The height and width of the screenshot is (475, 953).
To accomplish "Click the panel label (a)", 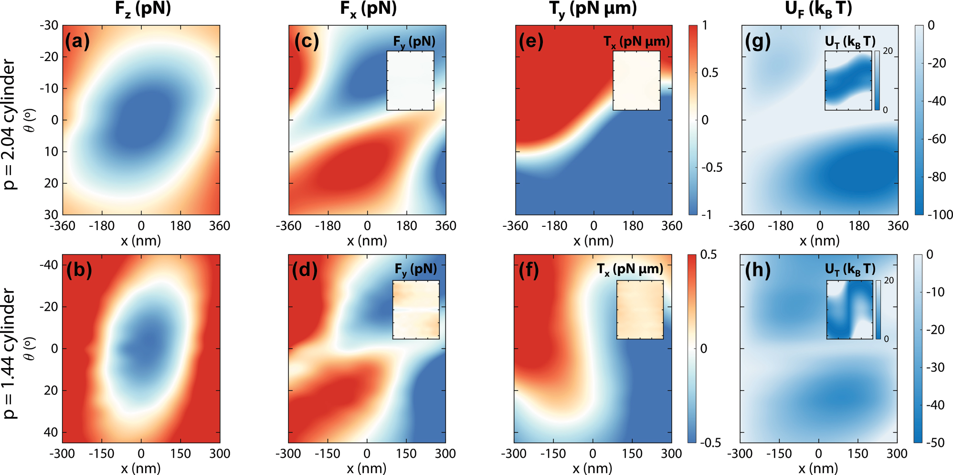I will tap(77, 42).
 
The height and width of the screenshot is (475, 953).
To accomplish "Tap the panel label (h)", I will tap(758, 271).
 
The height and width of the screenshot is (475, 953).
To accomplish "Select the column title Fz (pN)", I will tap(143, 9).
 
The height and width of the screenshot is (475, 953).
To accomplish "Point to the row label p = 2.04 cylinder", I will tap(10, 124).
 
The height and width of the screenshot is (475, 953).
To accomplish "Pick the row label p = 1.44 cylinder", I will tap(10, 353).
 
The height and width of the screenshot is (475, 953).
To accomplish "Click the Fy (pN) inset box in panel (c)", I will tap(410, 81).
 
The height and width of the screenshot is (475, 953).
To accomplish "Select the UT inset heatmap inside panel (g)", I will tap(848, 81).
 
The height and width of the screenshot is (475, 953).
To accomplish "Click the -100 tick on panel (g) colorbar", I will tap(940, 215).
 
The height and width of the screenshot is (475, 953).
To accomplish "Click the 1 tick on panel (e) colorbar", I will tap(705, 26).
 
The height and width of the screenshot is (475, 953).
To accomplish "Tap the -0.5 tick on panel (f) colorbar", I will tap(710, 443).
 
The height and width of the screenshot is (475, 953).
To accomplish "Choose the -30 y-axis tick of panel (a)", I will tap(49, 25).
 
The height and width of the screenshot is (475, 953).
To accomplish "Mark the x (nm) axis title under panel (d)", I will tap(367, 468).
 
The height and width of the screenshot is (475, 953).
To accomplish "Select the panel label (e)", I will tap(531, 42).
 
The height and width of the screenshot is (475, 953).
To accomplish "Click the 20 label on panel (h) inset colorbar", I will tap(889, 281).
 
